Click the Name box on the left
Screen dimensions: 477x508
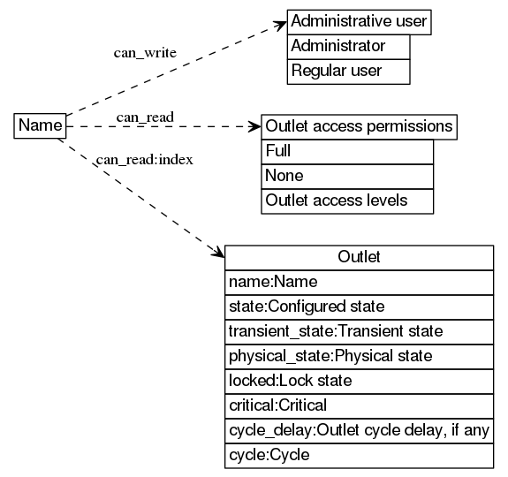coord(41,126)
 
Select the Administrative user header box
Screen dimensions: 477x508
coord(359,21)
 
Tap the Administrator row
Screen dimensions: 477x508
coord(348,46)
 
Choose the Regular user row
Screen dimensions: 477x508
coord(348,71)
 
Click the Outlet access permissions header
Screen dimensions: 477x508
coord(359,126)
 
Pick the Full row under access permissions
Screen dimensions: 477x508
coord(348,151)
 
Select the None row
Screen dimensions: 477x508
coord(348,176)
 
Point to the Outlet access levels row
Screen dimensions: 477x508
coord(348,201)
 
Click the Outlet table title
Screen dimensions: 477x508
coord(359,257)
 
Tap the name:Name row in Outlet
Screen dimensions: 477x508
coord(359,282)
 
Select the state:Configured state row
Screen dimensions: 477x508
coord(359,307)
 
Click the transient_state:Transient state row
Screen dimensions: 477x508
coord(359,331)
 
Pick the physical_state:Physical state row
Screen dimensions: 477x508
coord(359,356)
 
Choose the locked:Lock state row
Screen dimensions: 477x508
coord(359,381)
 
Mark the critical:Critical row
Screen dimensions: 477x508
coord(359,405)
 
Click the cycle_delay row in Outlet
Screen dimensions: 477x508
coord(359,430)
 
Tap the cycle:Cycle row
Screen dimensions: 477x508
coord(359,455)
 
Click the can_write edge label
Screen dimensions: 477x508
coord(145,53)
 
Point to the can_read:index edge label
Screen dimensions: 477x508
coord(145,160)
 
